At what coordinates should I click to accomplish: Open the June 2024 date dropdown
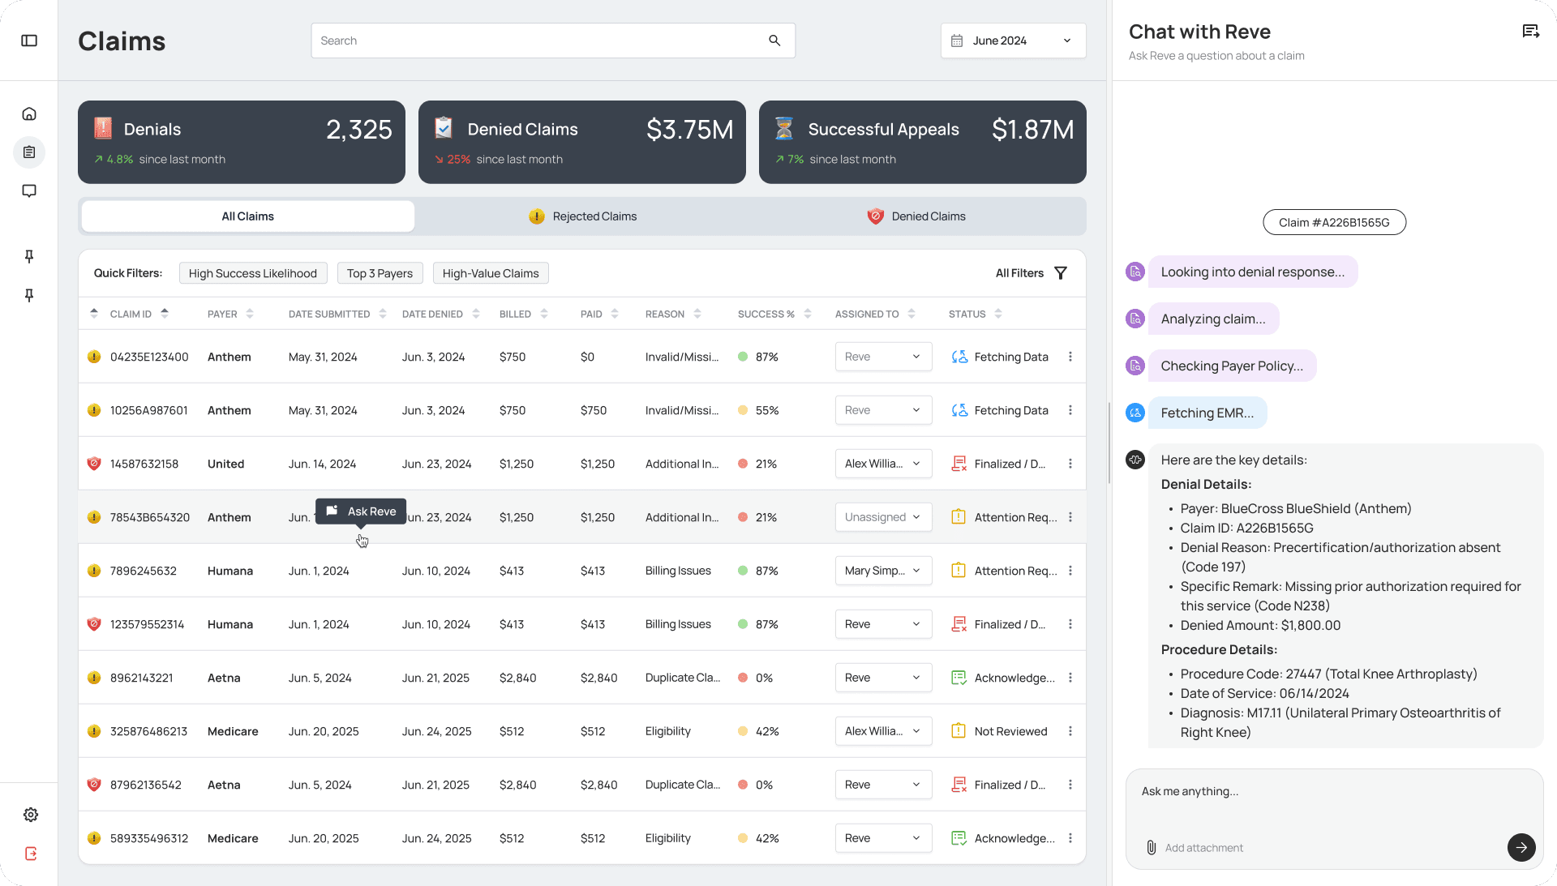tap(1013, 41)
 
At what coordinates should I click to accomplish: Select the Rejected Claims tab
tap(583, 216)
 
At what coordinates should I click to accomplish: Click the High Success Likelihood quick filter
tap(253, 273)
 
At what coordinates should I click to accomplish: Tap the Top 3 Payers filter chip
tap(380, 273)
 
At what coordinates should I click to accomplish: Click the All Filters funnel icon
tap(1061, 273)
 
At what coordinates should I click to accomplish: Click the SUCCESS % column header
tap(766, 315)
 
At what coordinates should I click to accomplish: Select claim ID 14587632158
tap(144, 464)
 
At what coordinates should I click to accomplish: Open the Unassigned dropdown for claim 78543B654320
tap(883, 517)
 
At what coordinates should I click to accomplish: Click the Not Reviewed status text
tap(1010, 731)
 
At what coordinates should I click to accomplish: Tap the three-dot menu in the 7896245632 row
tap(1070, 571)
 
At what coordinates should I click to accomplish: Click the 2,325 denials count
tap(358, 130)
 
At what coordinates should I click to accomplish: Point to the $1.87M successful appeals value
tap(1032, 130)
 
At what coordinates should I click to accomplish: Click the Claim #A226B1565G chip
tap(1334, 223)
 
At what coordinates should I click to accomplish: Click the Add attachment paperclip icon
tap(1151, 848)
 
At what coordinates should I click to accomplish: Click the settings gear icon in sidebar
tap(31, 815)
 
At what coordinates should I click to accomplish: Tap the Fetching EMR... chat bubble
tap(1207, 413)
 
